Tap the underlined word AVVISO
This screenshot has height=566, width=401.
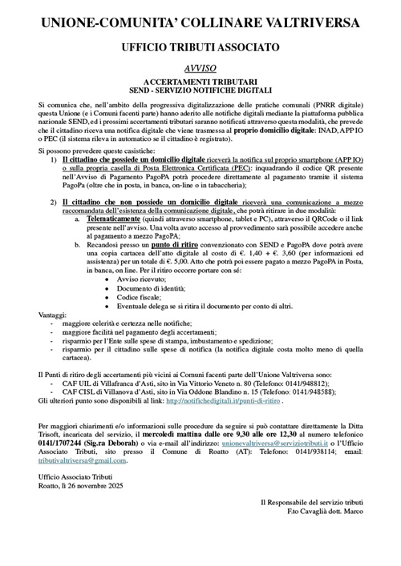200,70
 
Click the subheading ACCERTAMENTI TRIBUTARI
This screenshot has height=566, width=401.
200,82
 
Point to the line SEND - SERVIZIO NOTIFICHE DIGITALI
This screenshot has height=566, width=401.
200,91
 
